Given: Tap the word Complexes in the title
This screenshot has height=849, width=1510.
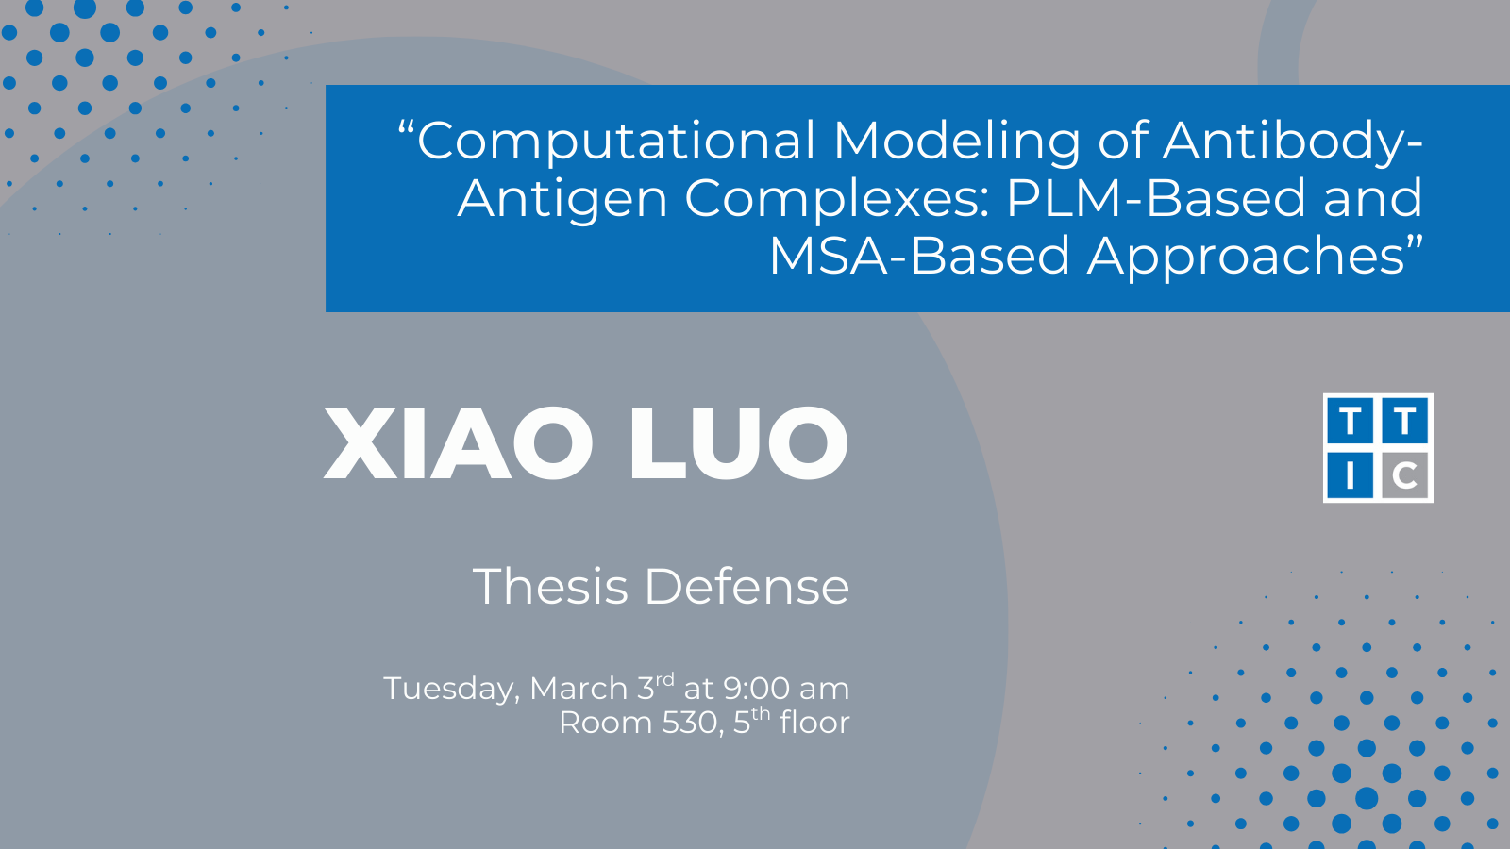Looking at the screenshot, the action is pyautogui.click(x=837, y=199).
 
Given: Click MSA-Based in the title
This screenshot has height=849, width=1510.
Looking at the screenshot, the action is pyautogui.click(x=919, y=256).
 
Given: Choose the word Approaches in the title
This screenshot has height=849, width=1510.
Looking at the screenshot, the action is pyautogui.click(x=1247, y=257).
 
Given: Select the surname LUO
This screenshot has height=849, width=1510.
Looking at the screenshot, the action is pyautogui.click(x=739, y=442).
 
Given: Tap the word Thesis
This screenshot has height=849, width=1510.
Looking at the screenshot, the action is pyautogui.click(x=550, y=586).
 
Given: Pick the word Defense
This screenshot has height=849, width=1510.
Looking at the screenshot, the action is pyautogui.click(x=747, y=586).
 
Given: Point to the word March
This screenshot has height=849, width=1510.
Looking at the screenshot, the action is pyautogui.click(x=579, y=689).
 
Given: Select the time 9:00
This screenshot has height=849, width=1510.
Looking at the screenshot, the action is pyautogui.click(x=756, y=689).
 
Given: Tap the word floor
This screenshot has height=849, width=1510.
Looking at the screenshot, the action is pyautogui.click(x=814, y=722).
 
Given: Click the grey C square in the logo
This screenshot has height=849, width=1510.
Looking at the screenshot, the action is pyautogui.click(x=1405, y=475).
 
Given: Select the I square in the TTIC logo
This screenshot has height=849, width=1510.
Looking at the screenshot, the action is pyautogui.click(x=1351, y=475).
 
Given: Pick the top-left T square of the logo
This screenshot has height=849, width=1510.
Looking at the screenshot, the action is pyautogui.click(x=1351, y=421).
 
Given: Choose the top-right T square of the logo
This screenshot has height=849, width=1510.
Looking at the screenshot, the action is pyautogui.click(x=1405, y=421).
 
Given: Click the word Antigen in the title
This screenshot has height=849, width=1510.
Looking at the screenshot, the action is pyautogui.click(x=562, y=199).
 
